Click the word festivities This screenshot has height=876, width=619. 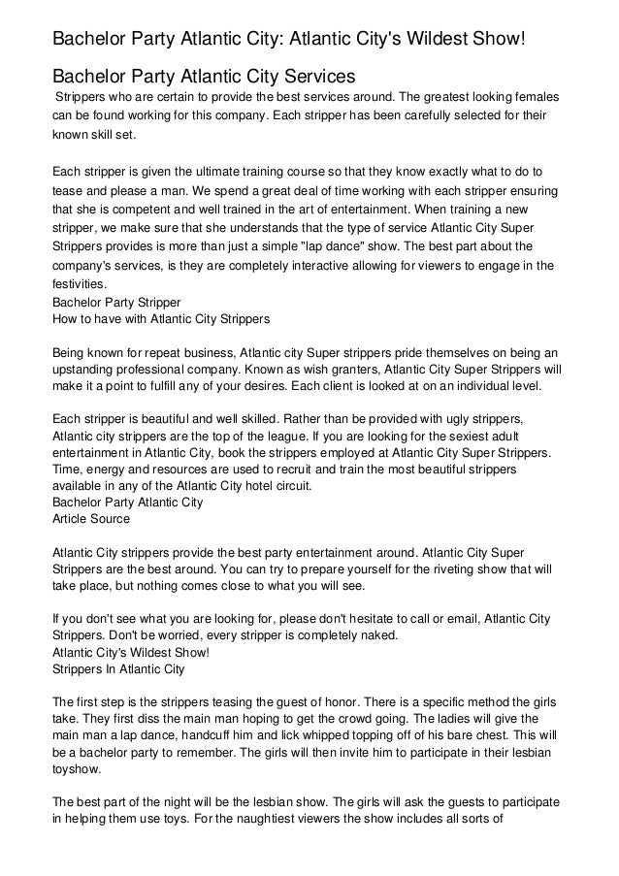point(80,286)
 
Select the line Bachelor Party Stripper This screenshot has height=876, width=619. point(115,303)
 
